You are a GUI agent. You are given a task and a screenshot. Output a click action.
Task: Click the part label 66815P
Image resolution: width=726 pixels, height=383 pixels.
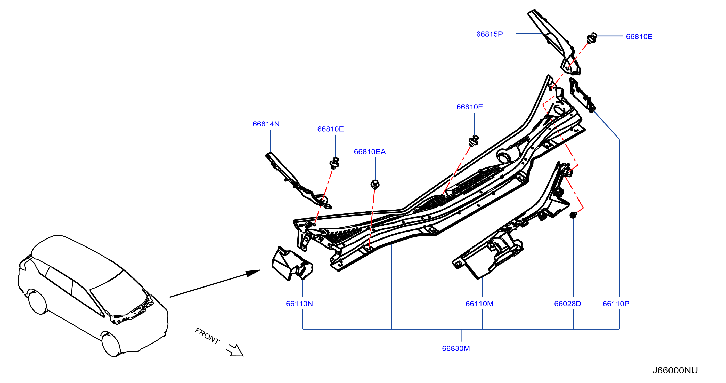pyautogui.click(x=489, y=34)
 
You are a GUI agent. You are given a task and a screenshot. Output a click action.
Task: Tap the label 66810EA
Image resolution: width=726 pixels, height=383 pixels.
pyautogui.click(x=370, y=152)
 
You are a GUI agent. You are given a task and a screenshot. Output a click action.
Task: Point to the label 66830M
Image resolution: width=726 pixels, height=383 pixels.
pyautogui.click(x=456, y=349)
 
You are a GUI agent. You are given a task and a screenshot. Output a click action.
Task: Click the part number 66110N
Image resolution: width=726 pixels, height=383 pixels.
pyautogui.click(x=299, y=304)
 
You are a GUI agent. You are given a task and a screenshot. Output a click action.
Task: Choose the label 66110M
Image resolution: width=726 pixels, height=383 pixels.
pyautogui.click(x=479, y=304)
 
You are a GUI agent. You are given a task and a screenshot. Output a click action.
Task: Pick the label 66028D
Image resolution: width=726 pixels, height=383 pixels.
pyautogui.click(x=567, y=304)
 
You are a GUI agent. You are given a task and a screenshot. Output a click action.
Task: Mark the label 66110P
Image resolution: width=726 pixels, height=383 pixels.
pyautogui.click(x=616, y=304)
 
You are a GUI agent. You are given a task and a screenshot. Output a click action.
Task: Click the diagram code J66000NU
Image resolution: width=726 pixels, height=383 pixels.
pyautogui.click(x=675, y=370)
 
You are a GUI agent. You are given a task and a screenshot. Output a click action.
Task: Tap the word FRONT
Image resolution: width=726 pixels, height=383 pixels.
pyautogui.click(x=207, y=336)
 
